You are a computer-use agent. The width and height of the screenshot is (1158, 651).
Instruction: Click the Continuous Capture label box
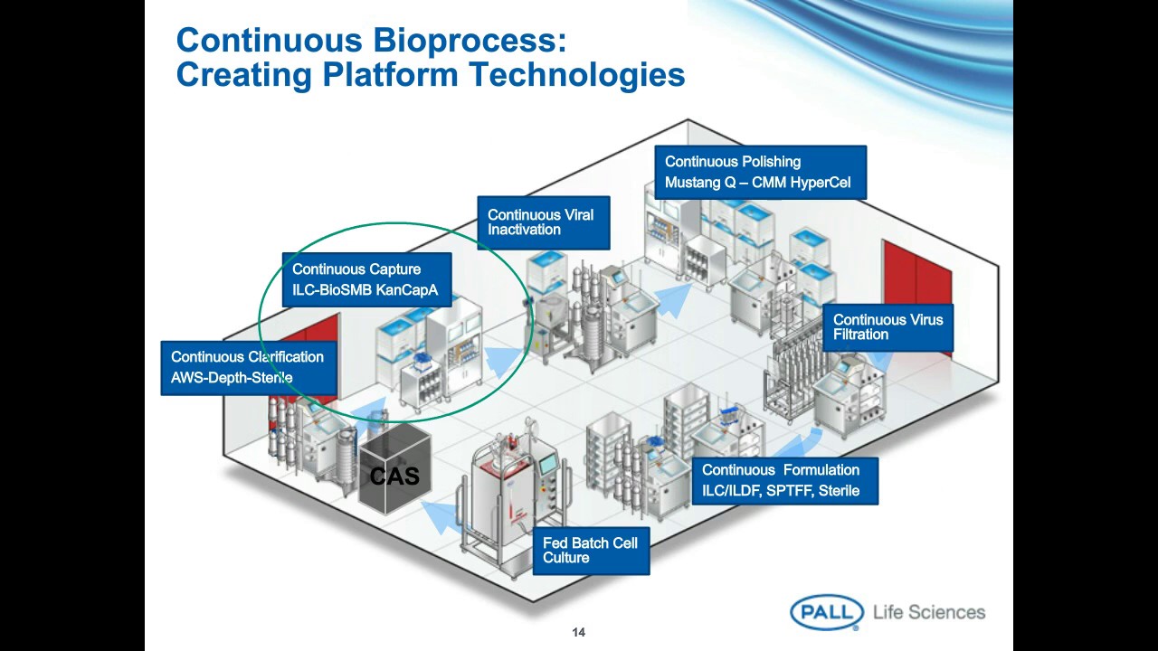tap(365, 279)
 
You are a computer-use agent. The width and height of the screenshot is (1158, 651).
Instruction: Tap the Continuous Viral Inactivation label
tap(543, 222)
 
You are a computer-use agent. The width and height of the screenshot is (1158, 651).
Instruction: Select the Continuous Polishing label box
tap(760, 172)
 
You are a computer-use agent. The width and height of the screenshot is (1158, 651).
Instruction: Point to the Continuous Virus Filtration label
tap(887, 327)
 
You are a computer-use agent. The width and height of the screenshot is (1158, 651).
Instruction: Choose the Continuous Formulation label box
tap(784, 480)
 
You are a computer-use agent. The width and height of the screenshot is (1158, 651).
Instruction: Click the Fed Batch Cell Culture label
tap(590, 551)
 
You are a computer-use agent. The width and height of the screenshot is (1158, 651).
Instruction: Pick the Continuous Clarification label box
tap(249, 367)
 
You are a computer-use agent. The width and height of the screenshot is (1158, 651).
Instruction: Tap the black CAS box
tap(395, 475)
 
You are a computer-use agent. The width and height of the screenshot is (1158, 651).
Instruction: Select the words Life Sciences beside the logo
tap(929, 612)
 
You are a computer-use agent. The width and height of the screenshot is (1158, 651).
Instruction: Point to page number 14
tap(579, 633)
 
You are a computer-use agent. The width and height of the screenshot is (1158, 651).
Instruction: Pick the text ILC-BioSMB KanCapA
tap(365, 290)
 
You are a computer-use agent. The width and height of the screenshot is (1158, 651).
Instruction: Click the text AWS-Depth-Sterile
tap(232, 378)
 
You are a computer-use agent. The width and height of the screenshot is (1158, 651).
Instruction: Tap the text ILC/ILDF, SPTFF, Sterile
tap(781, 491)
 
